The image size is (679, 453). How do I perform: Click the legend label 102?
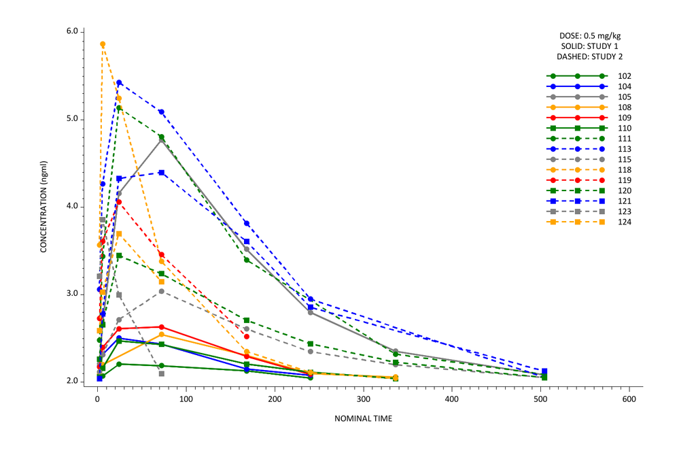point(625,76)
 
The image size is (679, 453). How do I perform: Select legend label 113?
point(625,149)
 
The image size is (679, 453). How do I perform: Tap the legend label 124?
point(625,222)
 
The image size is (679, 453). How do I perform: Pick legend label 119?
point(625,180)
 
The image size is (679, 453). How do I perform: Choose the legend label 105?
point(625,97)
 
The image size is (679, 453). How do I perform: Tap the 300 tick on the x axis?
point(363,399)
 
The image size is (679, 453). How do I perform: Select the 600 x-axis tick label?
point(629,399)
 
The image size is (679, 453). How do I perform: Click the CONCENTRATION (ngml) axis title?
point(43,207)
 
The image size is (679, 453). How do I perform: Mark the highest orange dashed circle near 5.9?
point(103,44)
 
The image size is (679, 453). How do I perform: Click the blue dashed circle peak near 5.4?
point(119,83)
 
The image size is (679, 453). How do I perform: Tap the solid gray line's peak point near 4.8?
point(161,139)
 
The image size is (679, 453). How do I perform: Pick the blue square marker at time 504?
point(544,371)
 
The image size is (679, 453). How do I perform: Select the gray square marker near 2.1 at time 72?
point(161,373)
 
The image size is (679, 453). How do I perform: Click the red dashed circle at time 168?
point(247,337)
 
